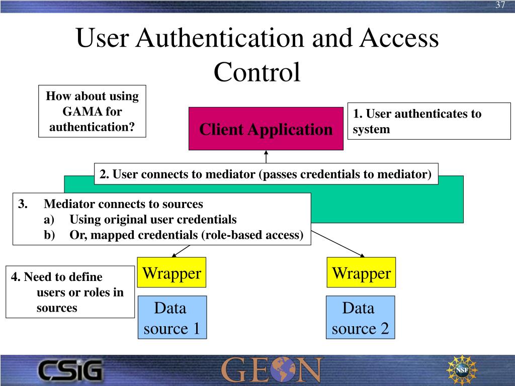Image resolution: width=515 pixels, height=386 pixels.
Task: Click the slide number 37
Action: [500, 5]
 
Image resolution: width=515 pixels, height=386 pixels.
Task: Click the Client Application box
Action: [266, 129]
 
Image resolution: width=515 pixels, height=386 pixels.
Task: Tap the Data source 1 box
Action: [172, 318]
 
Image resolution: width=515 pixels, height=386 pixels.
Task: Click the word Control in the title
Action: [257, 71]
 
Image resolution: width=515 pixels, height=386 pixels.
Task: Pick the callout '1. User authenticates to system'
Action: [428, 121]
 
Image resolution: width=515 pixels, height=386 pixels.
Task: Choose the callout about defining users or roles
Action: [70, 292]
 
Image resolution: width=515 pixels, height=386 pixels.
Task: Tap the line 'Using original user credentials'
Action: [153, 220]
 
